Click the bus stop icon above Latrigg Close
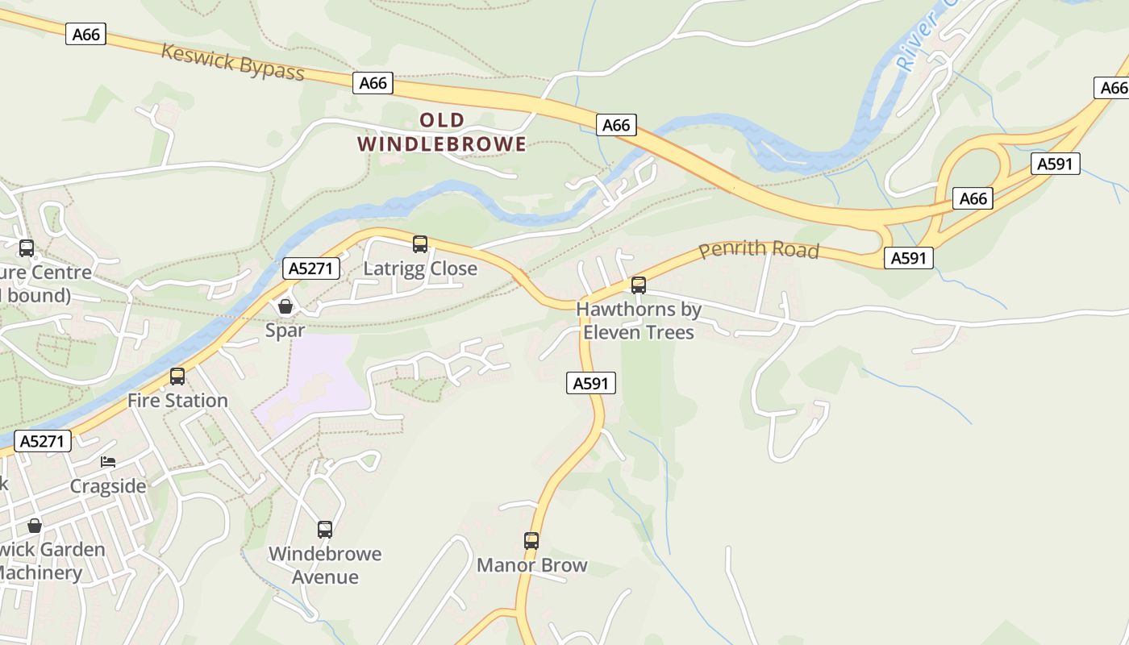(x=419, y=243)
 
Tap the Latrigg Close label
(x=420, y=268)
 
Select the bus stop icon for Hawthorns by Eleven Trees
(x=639, y=285)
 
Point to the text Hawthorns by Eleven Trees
(x=639, y=320)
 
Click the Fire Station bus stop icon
(x=177, y=376)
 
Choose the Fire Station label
(x=177, y=401)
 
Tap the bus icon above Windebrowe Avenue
(x=325, y=529)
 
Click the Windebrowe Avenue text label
(x=325, y=565)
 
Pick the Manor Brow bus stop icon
(x=531, y=540)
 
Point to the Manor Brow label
(x=531, y=565)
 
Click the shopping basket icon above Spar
(x=285, y=306)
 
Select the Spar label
(x=285, y=331)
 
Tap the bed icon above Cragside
(x=108, y=462)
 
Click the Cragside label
(x=108, y=486)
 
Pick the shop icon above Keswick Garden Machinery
(x=35, y=526)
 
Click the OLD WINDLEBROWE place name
(x=442, y=132)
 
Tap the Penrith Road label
(x=759, y=250)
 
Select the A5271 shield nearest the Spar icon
(x=310, y=268)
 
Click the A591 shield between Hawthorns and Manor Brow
(x=590, y=384)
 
